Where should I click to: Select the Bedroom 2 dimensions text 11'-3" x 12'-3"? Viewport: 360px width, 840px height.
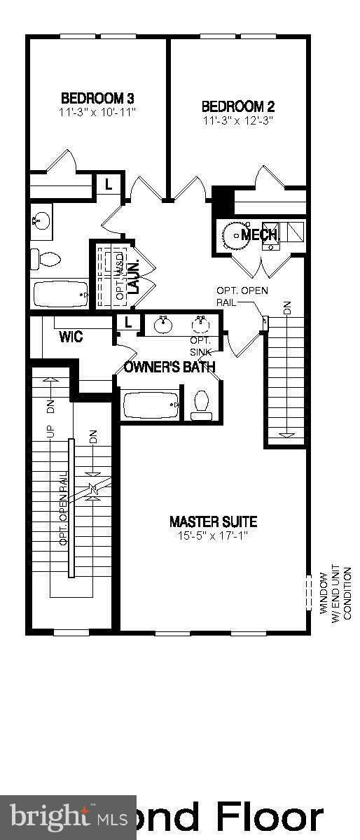point(237,120)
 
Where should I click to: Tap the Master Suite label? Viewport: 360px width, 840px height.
point(213,521)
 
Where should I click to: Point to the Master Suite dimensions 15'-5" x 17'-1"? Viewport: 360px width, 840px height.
point(213,535)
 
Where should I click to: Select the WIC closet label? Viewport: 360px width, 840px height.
point(71,337)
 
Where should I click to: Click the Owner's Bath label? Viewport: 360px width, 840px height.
point(169,367)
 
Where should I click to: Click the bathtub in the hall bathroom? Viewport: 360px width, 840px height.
point(61,293)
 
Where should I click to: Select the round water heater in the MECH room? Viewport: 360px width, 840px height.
point(234,235)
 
